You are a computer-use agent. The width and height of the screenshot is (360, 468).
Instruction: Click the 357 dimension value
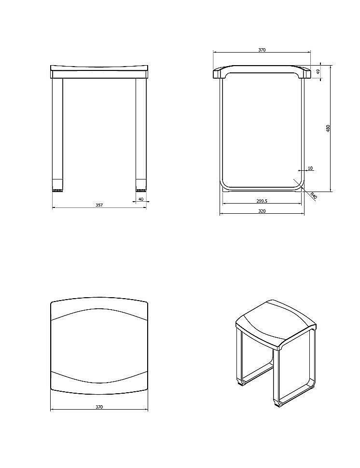click(99, 206)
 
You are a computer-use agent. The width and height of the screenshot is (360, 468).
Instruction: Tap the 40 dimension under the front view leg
click(141, 199)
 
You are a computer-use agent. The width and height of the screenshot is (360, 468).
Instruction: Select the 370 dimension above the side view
click(262, 50)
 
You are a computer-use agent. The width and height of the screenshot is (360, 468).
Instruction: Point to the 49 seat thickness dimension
click(319, 72)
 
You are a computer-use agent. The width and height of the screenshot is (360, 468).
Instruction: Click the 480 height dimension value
click(328, 128)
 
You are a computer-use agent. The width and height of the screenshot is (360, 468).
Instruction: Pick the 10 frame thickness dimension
click(310, 168)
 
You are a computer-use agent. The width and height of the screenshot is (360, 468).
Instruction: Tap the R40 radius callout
click(313, 196)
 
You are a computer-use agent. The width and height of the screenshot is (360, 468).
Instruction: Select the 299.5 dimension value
click(262, 201)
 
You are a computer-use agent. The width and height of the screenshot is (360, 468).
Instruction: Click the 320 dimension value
click(262, 211)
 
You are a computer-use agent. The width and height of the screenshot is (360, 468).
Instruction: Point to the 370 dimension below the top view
click(99, 407)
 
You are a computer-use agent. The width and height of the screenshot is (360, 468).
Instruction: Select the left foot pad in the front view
click(58, 188)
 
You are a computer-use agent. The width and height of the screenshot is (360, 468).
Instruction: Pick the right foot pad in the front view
click(141, 188)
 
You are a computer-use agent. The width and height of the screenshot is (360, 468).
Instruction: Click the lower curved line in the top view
click(99, 381)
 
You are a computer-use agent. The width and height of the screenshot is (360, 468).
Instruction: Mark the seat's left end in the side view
click(217, 73)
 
